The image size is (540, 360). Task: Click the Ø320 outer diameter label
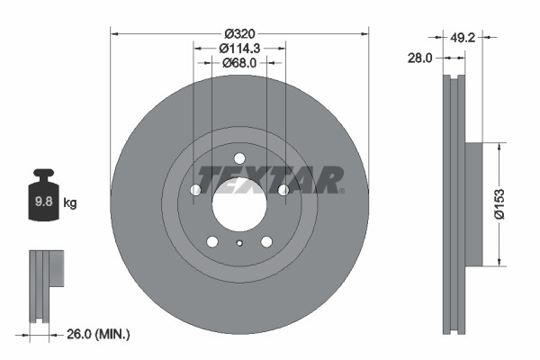tap(239, 26)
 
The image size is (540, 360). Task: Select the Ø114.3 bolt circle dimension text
tap(239, 46)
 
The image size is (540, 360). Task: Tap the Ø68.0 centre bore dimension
tap(239, 63)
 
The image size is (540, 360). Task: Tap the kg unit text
tap(69, 203)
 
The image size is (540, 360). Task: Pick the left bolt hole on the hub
tap(195, 190)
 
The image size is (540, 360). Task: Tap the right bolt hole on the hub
tap(283, 190)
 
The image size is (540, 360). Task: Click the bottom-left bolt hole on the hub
tap(212, 241)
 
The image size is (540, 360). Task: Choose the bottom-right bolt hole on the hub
tap(266, 241)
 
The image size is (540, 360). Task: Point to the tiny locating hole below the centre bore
tap(239, 243)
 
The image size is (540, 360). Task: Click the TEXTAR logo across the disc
tap(269, 180)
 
